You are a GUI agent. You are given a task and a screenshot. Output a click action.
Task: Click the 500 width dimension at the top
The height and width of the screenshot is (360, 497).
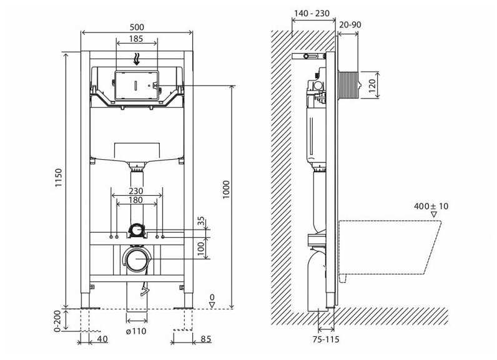tap(137, 27)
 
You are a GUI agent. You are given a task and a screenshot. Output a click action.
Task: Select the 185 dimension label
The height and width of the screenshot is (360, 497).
tap(136, 39)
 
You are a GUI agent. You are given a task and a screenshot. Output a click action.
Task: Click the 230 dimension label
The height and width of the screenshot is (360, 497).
tap(137, 191)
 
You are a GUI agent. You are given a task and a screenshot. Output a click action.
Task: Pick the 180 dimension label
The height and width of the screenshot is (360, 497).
tap(137, 201)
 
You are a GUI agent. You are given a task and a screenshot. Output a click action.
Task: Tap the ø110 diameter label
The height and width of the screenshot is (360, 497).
tap(137, 331)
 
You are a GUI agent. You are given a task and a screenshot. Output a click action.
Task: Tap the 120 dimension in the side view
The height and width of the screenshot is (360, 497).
tap(373, 85)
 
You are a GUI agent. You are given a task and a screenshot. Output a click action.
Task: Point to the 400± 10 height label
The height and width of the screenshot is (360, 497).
tap(431, 207)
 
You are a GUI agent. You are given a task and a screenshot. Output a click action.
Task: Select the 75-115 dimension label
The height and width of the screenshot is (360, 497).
tap(327, 341)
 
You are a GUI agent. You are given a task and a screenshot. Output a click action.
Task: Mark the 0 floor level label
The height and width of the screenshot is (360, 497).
tap(212, 298)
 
